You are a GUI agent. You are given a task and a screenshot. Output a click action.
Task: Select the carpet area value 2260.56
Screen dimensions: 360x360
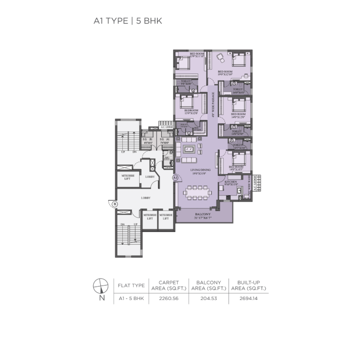(x=169, y=298)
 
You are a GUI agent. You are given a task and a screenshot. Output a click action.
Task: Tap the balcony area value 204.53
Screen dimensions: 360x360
(x=209, y=298)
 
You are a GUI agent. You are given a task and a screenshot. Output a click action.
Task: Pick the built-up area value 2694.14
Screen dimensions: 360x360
(x=248, y=298)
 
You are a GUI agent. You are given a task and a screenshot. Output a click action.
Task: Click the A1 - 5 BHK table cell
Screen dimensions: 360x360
(x=130, y=298)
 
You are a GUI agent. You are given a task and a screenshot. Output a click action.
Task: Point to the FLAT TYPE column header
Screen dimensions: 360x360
(x=130, y=285)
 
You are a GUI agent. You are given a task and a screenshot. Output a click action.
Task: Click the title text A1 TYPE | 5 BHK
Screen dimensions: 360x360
(x=127, y=21)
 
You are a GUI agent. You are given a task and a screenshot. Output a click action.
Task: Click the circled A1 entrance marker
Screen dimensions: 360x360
(x=175, y=178)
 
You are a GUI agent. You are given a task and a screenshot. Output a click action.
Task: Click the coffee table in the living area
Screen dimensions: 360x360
(x=190, y=150)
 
